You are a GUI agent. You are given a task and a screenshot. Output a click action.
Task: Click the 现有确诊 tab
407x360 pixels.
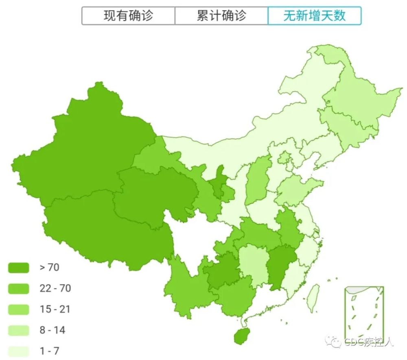(128, 16)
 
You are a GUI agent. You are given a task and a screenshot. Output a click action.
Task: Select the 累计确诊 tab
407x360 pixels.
(221, 16)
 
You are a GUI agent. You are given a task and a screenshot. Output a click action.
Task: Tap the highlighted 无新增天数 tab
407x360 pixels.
(314, 16)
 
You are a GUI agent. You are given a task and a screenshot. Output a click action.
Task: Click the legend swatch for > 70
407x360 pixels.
(19, 268)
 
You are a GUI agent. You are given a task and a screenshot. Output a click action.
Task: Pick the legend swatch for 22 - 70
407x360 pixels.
(19, 289)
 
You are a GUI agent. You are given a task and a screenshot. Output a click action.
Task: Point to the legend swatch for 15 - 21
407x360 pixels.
(19, 310)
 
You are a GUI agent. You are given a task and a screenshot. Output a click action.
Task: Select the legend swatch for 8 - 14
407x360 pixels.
(19, 330)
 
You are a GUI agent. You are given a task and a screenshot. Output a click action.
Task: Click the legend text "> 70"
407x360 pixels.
(49, 268)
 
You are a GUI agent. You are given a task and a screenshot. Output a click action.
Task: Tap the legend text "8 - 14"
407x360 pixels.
(53, 330)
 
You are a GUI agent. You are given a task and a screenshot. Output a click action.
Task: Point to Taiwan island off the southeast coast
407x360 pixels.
(313, 296)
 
